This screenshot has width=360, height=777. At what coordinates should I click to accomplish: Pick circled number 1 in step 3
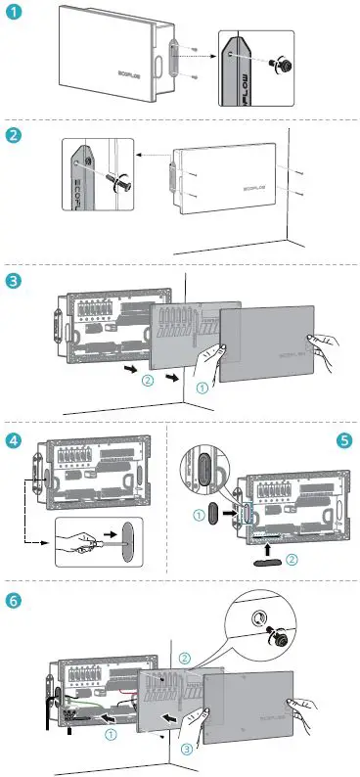click(202, 388)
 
